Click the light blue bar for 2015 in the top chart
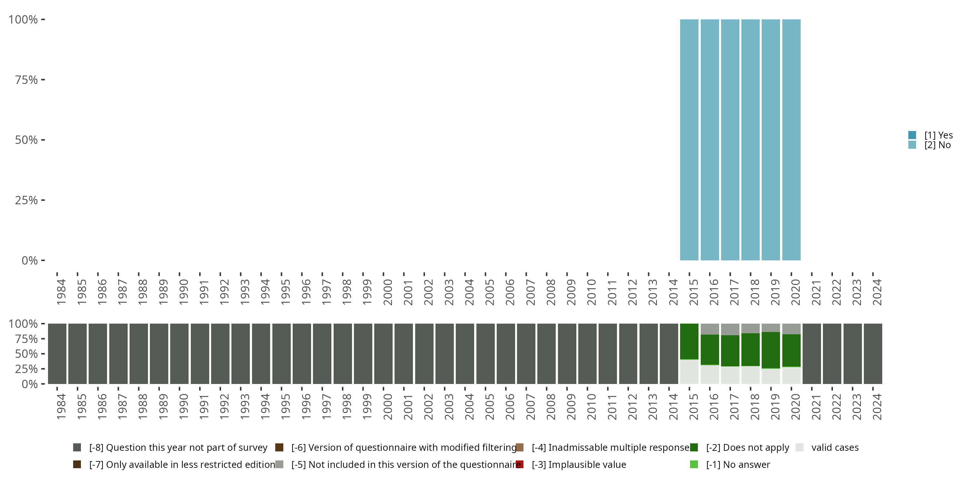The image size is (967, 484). [689, 140]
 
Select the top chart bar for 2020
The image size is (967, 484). [791, 140]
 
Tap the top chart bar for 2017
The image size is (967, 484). [730, 140]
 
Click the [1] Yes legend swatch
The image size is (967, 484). [912, 135]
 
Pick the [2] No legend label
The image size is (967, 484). [937, 145]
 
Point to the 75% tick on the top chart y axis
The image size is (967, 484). [43, 80]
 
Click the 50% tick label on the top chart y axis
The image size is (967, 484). [26, 140]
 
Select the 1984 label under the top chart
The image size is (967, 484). [61, 292]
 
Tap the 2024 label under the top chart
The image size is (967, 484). [877, 292]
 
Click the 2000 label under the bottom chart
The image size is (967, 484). [387, 407]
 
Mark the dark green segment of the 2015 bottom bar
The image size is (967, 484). [689, 341]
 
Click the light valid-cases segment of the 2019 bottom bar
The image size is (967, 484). [771, 376]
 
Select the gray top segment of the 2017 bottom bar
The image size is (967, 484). [730, 329]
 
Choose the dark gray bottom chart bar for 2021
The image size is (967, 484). [812, 354]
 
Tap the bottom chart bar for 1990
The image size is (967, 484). [180, 354]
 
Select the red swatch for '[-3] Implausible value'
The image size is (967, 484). [520, 464]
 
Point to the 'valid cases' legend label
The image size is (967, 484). [835, 448]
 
